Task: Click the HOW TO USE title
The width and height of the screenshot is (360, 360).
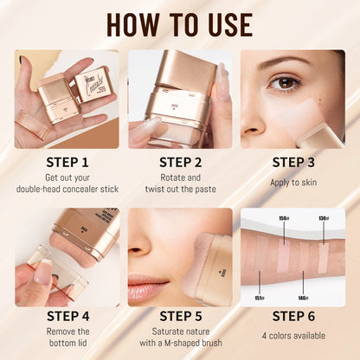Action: pos(180,22)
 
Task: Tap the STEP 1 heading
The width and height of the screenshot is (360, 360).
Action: pos(67,161)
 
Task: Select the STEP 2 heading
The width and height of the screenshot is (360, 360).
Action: pos(180,161)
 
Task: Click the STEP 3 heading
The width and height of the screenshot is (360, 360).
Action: pos(292,161)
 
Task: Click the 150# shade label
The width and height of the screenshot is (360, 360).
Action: pos(283,219)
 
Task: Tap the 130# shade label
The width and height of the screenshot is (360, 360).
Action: pos(323,219)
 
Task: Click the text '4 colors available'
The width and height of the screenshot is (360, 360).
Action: pos(292,336)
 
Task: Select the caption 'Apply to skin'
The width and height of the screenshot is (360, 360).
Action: pos(292,183)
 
